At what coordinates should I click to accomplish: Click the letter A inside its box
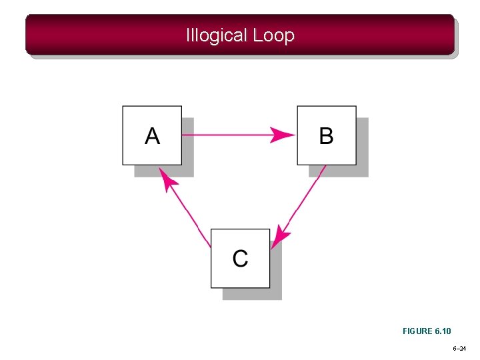pyautogui.click(x=153, y=136)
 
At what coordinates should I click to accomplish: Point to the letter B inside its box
pyautogui.click(x=326, y=136)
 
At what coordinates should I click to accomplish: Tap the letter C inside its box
pyautogui.click(x=240, y=258)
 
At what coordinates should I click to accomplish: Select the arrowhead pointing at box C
pyautogui.click(x=283, y=234)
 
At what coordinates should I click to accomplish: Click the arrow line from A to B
pyautogui.click(x=227, y=135)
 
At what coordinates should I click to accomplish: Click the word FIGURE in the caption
pyautogui.click(x=417, y=331)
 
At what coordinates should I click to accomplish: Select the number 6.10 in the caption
pyautogui.click(x=443, y=331)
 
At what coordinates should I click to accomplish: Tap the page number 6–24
pyautogui.click(x=460, y=349)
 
